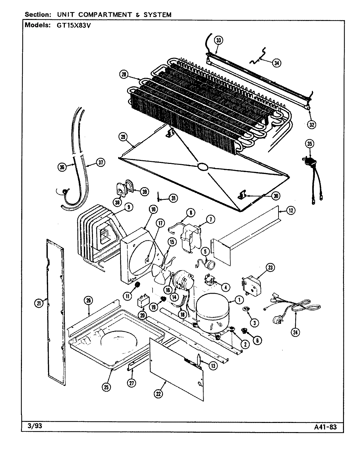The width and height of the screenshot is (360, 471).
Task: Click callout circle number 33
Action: (x=218, y=40)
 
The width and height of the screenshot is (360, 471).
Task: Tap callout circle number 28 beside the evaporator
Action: (x=123, y=75)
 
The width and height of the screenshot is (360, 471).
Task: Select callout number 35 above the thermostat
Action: (x=309, y=143)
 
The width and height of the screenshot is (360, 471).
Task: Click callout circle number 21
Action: (x=39, y=304)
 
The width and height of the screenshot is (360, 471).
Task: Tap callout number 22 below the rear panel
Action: (x=158, y=394)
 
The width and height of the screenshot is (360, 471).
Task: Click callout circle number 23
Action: (x=270, y=268)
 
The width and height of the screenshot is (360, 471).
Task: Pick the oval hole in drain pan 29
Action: (x=202, y=167)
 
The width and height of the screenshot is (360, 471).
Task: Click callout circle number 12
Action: (x=291, y=211)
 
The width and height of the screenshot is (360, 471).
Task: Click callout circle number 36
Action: (x=62, y=167)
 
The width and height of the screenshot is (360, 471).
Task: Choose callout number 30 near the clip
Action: (x=276, y=196)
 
